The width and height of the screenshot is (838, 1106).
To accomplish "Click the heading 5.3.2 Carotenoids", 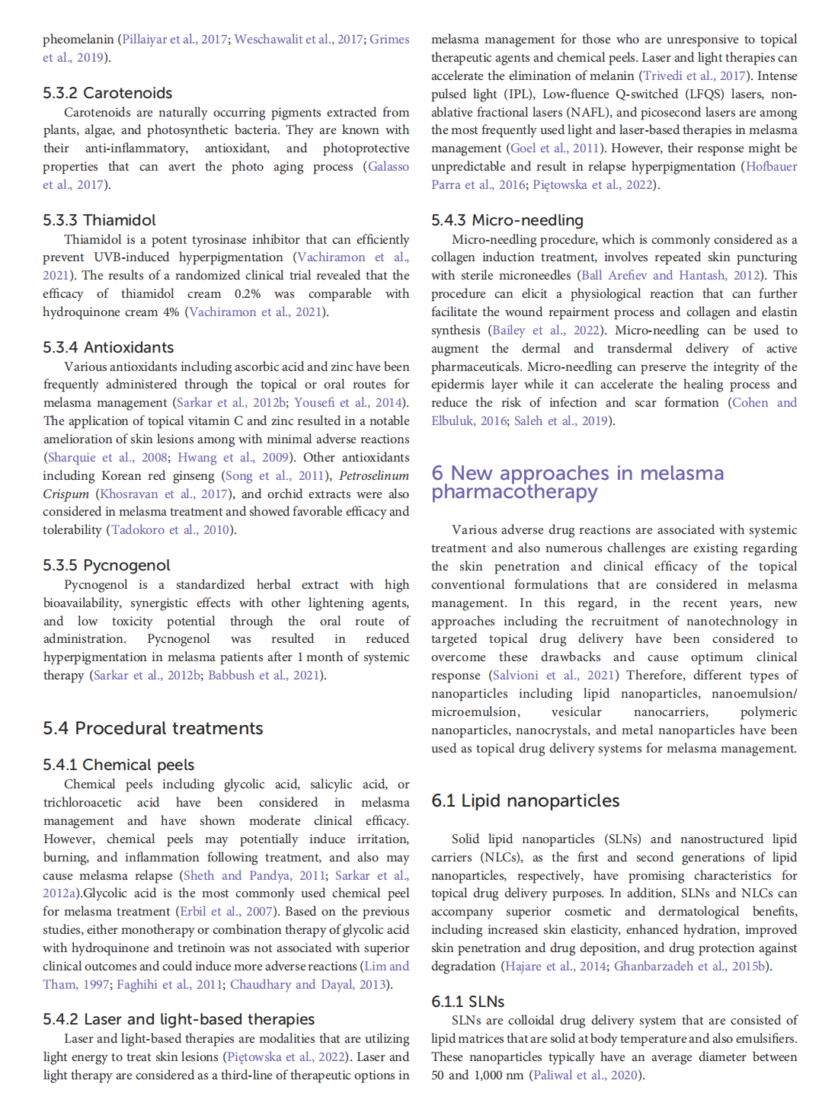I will coord(107,93).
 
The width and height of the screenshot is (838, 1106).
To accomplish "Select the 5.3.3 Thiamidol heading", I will coord(99,220).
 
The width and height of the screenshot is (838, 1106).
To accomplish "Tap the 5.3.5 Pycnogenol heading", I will coord(107,565).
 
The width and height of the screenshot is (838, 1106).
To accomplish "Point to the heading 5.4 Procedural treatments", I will coord(153,728).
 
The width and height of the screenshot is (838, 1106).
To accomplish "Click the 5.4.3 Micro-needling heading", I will coord(507,220).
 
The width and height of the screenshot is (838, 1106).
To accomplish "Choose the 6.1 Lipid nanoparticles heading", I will coord(526,801).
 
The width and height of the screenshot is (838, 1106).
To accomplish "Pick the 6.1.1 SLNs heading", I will coord(468,1002).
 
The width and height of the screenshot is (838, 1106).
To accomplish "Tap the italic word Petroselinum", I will coord(374,476).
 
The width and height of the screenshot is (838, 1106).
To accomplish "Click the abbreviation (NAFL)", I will coord(587,112).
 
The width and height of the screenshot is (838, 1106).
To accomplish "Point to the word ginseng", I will coord(194,476).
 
